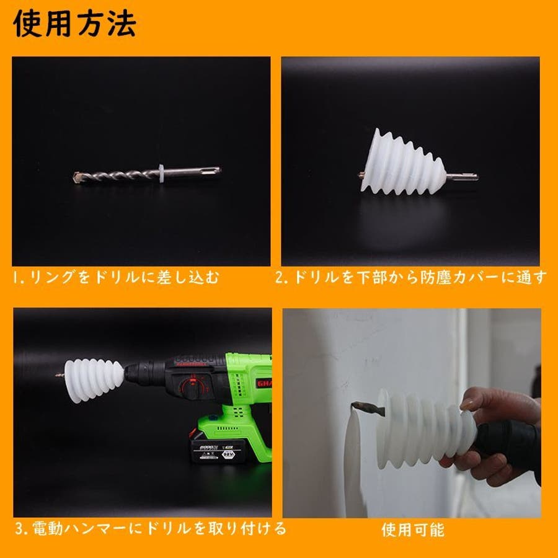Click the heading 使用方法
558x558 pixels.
(74, 24)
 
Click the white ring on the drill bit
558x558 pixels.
(161, 174)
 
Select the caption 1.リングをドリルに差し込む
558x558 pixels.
(116, 277)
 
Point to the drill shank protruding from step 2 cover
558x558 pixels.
(462, 177)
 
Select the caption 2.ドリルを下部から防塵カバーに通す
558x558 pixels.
(410, 277)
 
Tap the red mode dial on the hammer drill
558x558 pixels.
(193, 386)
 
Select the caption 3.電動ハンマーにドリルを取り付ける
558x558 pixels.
(151, 528)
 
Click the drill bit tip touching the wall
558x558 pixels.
(356, 405)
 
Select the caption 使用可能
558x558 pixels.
(413, 530)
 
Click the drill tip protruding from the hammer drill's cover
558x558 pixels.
(60, 374)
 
